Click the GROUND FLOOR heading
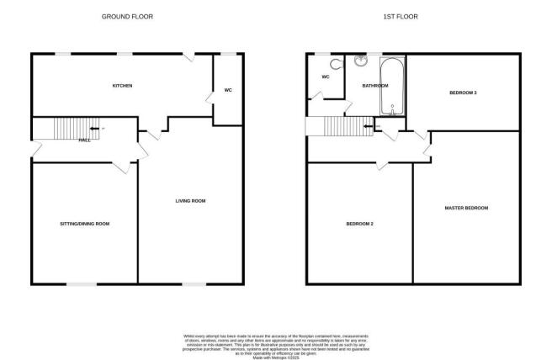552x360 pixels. pyautogui.click(x=127, y=17)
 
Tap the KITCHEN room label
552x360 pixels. pyautogui.click(x=122, y=86)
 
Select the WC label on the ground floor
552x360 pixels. pyautogui.click(x=228, y=90)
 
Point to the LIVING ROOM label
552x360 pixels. pyautogui.click(x=190, y=201)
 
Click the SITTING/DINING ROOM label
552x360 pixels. pyautogui.click(x=84, y=224)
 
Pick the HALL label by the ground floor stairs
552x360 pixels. pyautogui.click(x=84, y=140)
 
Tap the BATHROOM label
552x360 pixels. pyautogui.click(x=374, y=86)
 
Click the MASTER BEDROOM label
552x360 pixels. pyautogui.click(x=466, y=208)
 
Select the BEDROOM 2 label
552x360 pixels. pyautogui.click(x=359, y=224)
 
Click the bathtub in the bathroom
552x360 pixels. pyautogui.click(x=393, y=87)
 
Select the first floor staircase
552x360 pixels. pyautogui.click(x=344, y=126)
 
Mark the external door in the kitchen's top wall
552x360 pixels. pyautogui.click(x=191, y=56)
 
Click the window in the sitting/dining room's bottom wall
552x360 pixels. pyautogui.click(x=79, y=283)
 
